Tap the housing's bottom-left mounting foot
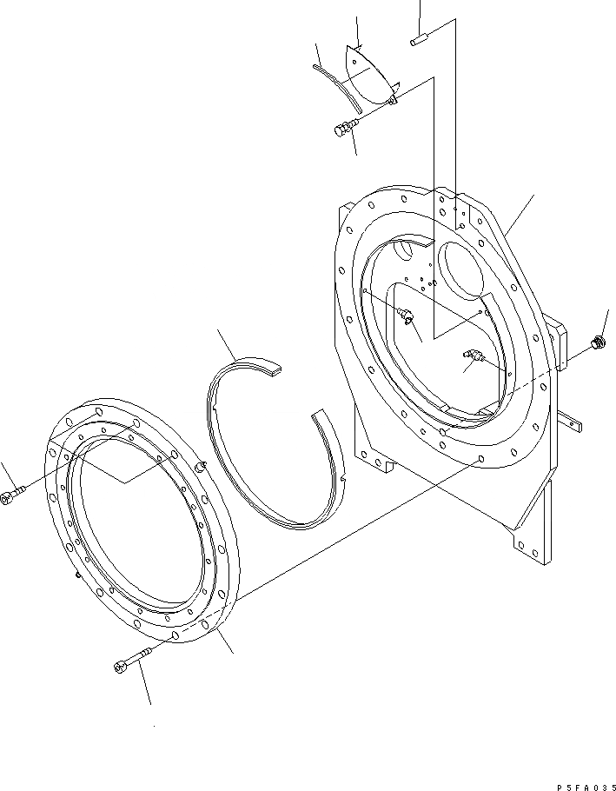[x=377, y=462]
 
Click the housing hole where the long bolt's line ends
[x=481, y=457]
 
